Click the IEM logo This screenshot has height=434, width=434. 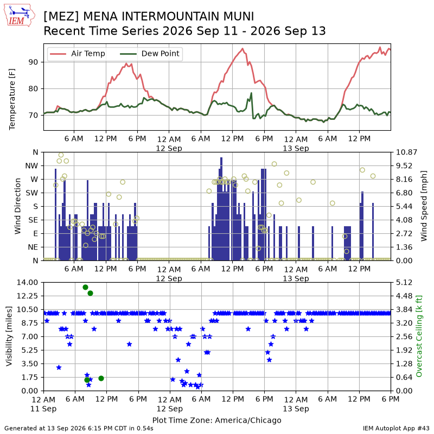(x=20, y=15)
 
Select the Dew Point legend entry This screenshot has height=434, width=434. (x=150, y=53)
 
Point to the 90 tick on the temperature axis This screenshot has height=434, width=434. (x=33, y=62)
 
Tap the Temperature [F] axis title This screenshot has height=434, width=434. (x=12, y=99)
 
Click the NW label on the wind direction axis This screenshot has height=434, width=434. (x=31, y=166)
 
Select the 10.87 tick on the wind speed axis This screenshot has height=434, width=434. (x=406, y=152)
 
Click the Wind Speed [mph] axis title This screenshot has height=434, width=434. (x=424, y=206)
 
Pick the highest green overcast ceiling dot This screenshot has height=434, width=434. (x=85, y=288)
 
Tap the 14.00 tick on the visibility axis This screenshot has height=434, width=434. (x=27, y=282)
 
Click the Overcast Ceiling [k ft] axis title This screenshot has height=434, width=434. (x=419, y=336)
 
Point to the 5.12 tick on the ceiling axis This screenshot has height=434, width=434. (x=404, y=282)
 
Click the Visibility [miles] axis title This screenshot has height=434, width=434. (x=9, y=336)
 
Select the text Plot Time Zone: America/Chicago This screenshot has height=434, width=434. (x=216, y=420)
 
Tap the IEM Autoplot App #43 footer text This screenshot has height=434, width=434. (x=396, y=428)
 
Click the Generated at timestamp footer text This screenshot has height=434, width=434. (x=79, y=428)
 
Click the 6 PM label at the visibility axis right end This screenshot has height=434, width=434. (x=391, y=399)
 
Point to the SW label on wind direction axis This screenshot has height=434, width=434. (x=32, y=193)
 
